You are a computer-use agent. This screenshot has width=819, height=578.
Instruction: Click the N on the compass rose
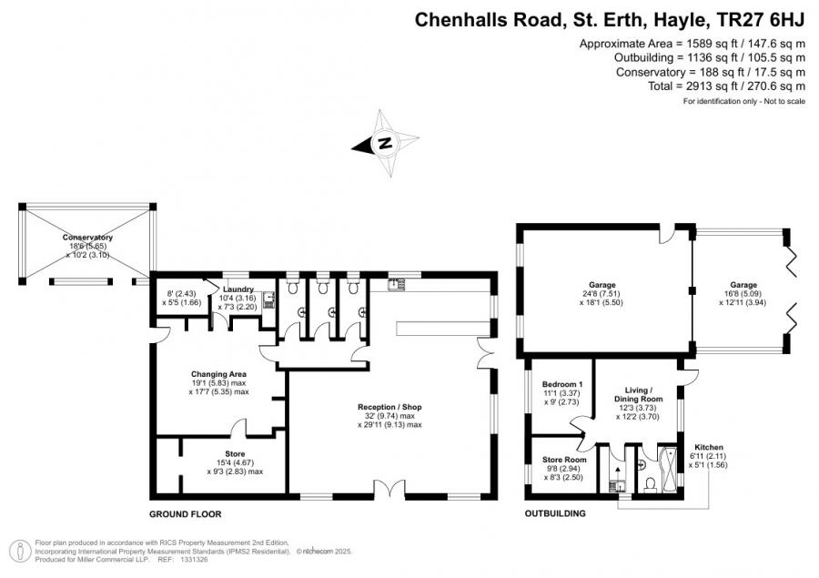pyautogui.click(x=385, y=143)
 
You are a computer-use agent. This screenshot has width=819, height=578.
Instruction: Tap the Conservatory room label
pyautogui.click(x=87, y=238)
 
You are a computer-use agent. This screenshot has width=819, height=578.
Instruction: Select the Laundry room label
pyautogui.click(x=238, y=289)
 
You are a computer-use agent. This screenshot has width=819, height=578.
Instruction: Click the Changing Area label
pyautogui.click(x=218, y=374)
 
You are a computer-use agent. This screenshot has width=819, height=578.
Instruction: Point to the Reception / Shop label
pyautogui.click(x=389, y=407)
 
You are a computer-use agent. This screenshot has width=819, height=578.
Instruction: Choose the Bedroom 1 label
pyautogui.click(x=562, y=384)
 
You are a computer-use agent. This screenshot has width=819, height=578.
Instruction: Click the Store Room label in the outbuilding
pyautogui.click(x=564, y=460)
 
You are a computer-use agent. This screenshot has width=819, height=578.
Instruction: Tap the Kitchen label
pyautogui.click(x=709, y=447)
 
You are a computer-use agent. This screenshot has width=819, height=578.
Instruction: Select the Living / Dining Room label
pyautogui.click(x=639, y=394)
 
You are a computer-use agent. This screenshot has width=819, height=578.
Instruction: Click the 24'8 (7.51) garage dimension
pyautogui.click(x=602, y=294)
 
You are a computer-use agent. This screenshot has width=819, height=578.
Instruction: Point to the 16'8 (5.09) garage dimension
pyautogui.click(x=743, y=294)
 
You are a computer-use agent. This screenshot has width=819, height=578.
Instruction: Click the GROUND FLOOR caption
pyautogui.click(x=186, y=514)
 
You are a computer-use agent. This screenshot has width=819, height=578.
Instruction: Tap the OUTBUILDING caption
pyautogui.click(x=555, y=513)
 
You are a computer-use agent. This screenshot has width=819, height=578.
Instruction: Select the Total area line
pyautogui.click(x=726, y=86)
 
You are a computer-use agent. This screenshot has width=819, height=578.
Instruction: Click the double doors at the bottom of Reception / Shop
pyautogui.click(x=389, y=489)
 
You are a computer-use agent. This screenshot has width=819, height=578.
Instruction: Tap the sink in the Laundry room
pyautogui.click(x=268, y=299)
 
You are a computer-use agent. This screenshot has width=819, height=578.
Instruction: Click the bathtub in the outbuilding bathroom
pyautogui.click(x=669, y=470)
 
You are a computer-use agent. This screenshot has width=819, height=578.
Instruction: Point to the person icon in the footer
pyautogui.click(x=20, y=552)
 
